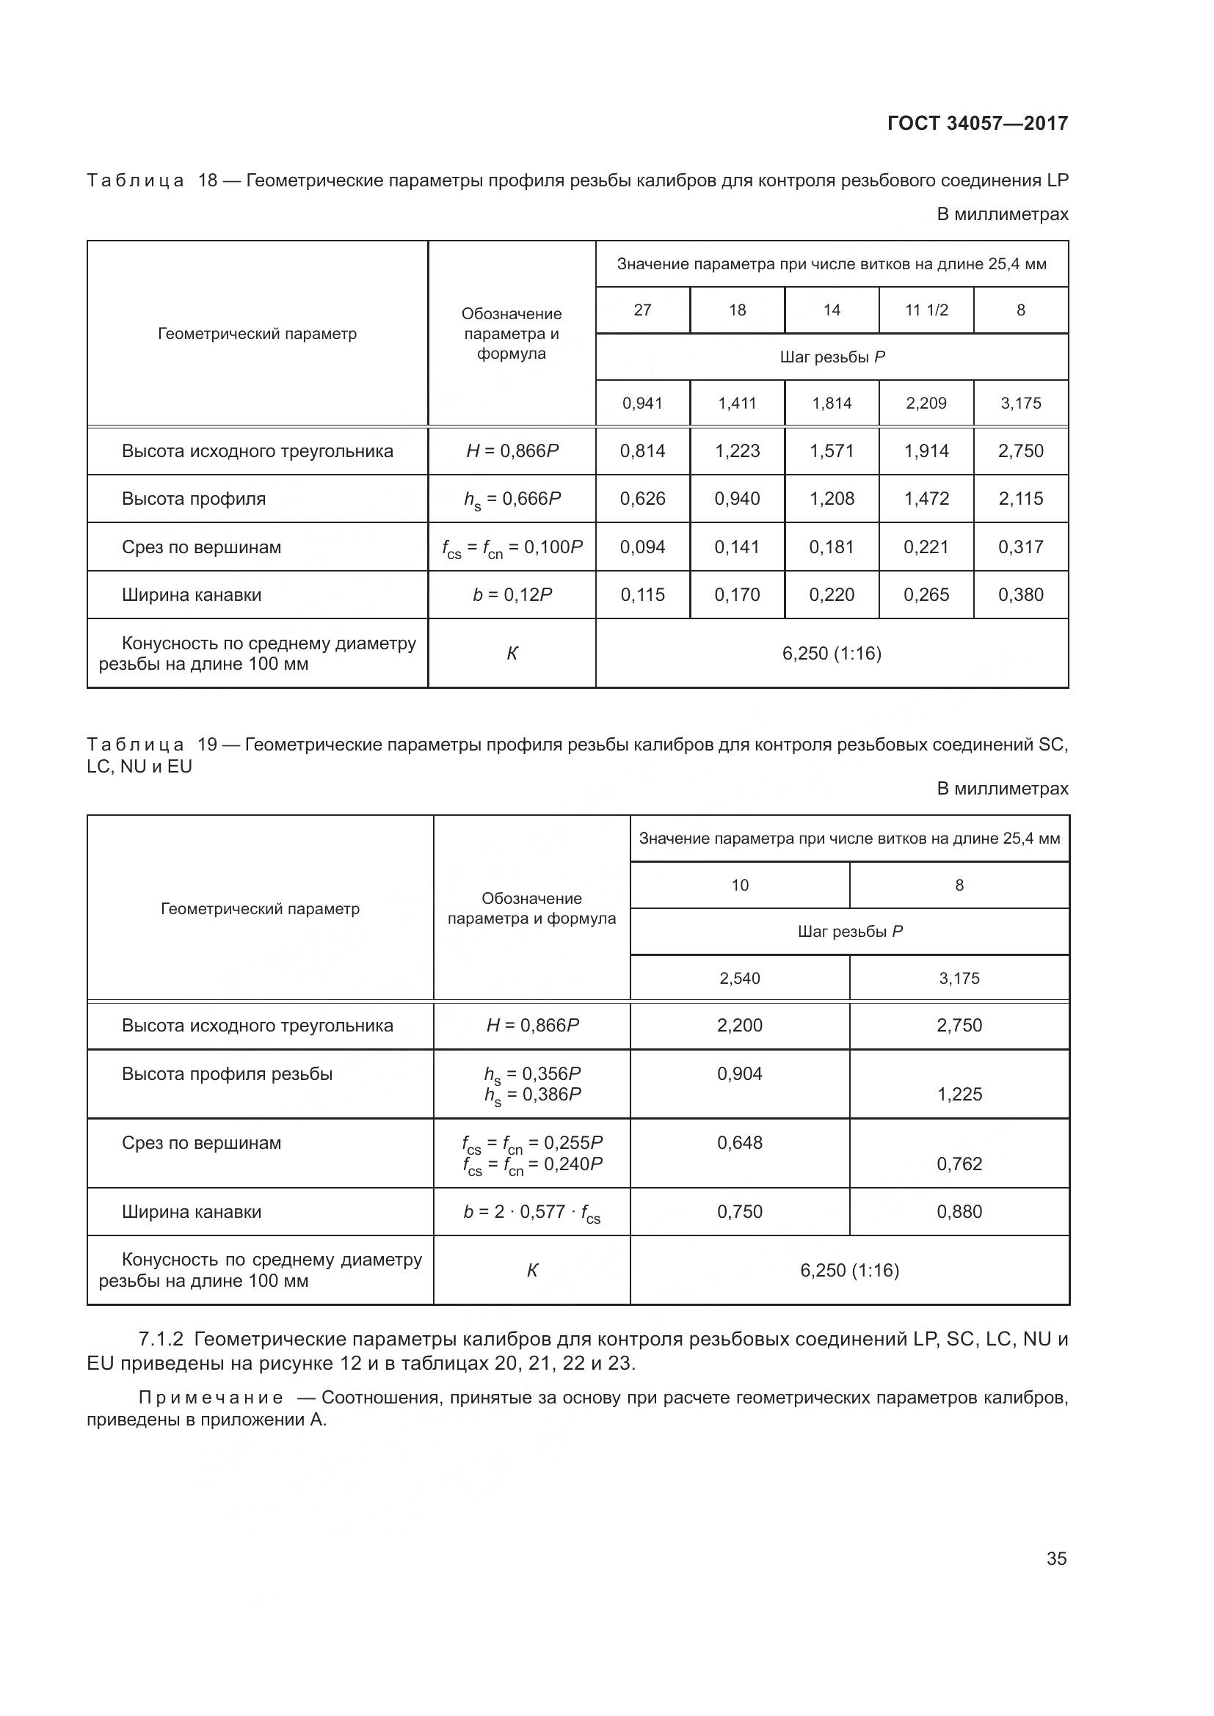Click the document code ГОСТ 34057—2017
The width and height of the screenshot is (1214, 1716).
coord(977,123)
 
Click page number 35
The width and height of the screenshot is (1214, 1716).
coord(1056,1558)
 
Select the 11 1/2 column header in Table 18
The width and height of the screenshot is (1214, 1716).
coord(926,310)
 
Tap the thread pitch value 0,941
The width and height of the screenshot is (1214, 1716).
coord(642,404)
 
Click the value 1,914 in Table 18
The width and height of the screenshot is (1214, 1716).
coord(926,451)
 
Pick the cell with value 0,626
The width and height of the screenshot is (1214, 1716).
coord(642,500)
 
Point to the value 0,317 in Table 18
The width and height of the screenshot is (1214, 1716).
coord(1020,547)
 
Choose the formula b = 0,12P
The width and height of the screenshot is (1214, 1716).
coord(512,595)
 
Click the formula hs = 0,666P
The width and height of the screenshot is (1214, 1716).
coord(512,500)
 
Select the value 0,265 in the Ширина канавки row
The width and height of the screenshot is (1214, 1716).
coord(926,595)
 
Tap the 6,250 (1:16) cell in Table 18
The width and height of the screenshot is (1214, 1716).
coord(832,654)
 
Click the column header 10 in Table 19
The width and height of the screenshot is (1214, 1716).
coord(739,886)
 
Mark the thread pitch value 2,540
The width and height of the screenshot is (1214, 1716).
coord(739,979)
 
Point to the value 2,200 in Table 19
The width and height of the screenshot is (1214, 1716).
coord(739,1026)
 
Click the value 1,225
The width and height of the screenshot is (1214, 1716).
coord(959,1094)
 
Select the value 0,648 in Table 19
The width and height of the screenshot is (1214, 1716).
coord(739,1143)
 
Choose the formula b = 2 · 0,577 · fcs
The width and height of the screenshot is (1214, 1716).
coord(531,1212)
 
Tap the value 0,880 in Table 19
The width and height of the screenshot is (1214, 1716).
coord(959,1211)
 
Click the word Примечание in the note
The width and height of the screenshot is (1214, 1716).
coord(211,1398)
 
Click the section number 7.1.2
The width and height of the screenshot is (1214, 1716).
coord(161,1340)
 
